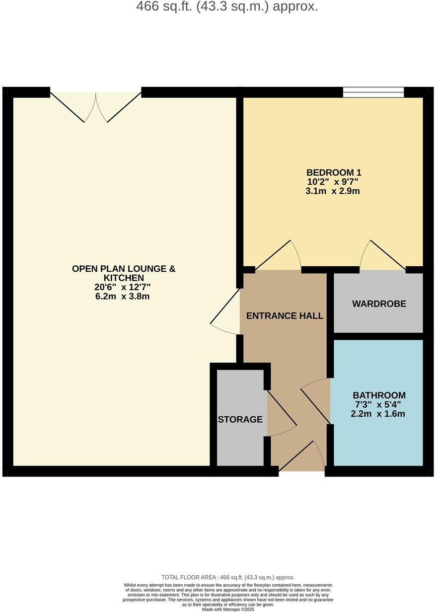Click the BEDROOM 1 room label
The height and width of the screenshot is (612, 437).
click(334, 173)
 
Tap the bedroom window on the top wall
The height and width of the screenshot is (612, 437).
click(373, 92)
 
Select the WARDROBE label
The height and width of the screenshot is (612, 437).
click(379, 304)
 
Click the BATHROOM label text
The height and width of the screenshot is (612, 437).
click(379, 395)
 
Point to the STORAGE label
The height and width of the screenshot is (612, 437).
click(240, 419)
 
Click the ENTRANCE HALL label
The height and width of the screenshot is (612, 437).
click(285, 315)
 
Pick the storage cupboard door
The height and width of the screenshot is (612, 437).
click(281, 415)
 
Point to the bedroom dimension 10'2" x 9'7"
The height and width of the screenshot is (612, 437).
click(332, 182)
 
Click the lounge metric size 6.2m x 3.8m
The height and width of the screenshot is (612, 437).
click(124, 297)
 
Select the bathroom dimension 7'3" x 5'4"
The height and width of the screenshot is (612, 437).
click(378, 405)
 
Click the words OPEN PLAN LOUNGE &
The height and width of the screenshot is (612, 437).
click(124, 269)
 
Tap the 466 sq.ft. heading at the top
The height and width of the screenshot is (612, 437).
click(227, 7)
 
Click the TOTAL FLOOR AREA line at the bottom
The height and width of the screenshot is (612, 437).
click(228, 577)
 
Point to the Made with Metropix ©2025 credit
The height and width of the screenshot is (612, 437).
click(228, 609)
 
